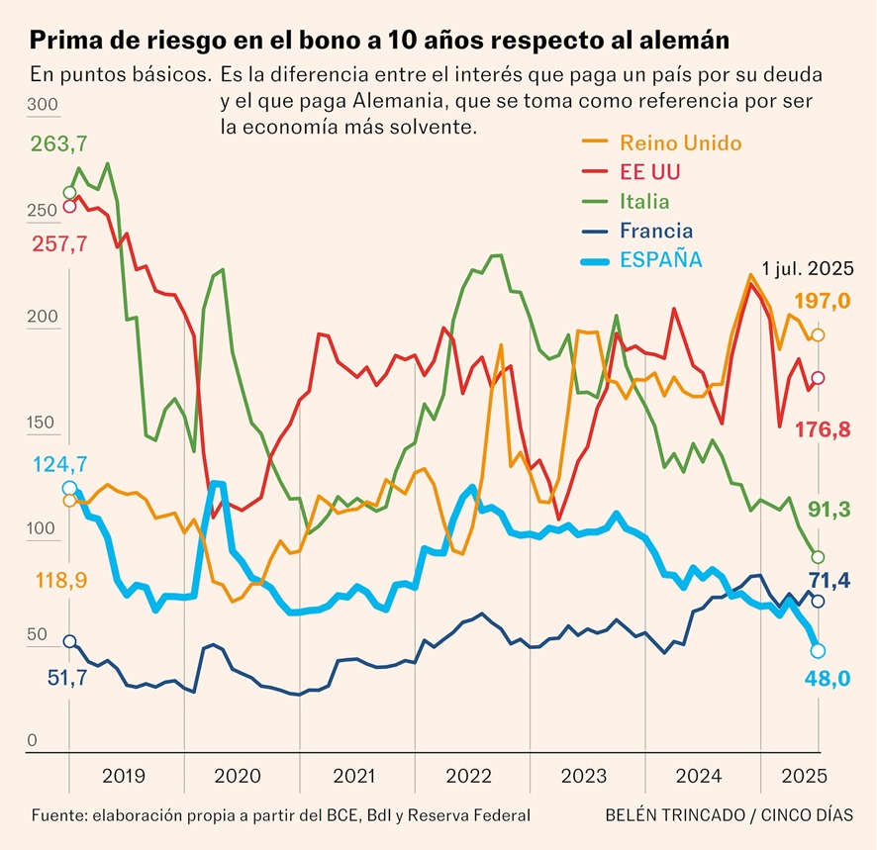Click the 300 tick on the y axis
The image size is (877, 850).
(x=44, y=106)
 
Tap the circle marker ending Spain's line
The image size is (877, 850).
(x=819, y=650)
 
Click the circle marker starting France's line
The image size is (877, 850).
(x=69, y=641)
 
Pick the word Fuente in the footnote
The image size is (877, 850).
(x=56, y=815)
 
